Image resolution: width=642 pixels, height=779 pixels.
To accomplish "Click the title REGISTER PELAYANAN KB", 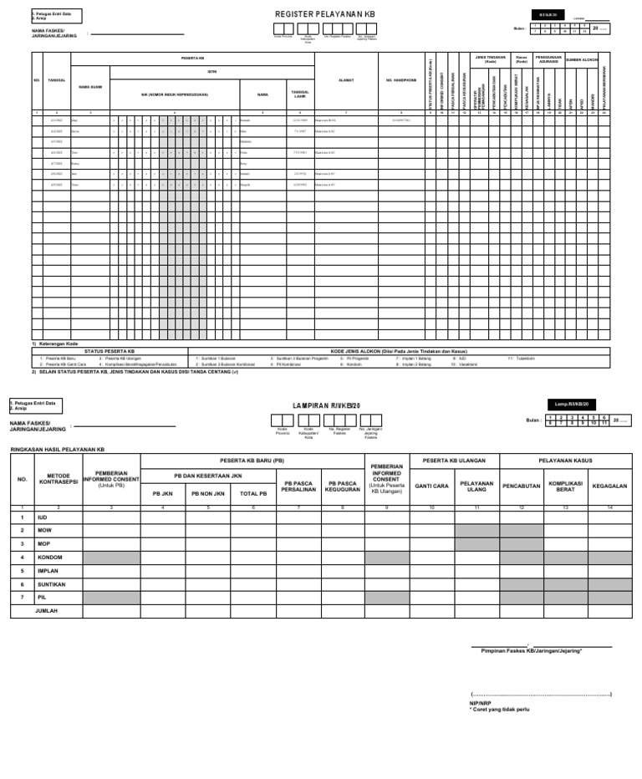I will tap(325, 14).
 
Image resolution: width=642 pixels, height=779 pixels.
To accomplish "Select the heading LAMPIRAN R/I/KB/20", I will tap(325, 405).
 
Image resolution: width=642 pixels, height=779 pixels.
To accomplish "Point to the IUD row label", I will tap(42, 517).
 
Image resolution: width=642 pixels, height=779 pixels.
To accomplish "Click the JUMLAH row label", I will tap(47, 611).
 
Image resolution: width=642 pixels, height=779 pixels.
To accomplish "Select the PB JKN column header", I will tap(161, 493).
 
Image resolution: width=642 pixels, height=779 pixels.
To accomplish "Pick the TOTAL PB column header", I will tap(252, 493).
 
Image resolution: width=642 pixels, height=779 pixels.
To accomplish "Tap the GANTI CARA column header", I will tap(432, 485).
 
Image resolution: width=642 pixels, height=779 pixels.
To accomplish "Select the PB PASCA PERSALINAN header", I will tap(298, 485).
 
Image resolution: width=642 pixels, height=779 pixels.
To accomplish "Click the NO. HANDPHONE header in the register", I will tap(401, 81).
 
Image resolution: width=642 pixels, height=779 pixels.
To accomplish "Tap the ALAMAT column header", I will tap(346, 81).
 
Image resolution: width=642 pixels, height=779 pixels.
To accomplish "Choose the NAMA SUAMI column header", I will tap(89, 86).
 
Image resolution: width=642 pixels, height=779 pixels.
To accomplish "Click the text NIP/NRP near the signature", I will tap(480, 703).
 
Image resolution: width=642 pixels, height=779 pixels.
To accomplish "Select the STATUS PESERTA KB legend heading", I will tap(110, 351).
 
